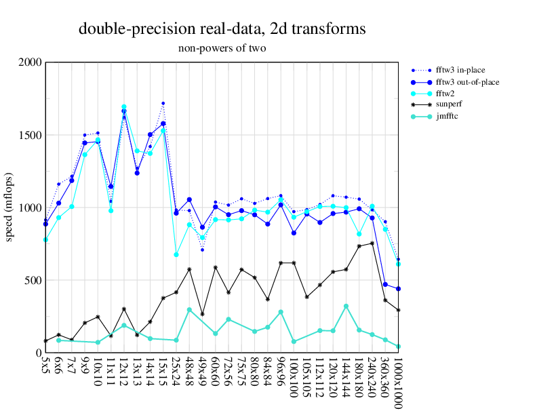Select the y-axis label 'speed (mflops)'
coord(9,207)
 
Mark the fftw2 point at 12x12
coord(123,107)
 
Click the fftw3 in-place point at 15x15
coord(163,103)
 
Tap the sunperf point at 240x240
coord(372,243)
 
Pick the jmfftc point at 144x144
coord(346,306)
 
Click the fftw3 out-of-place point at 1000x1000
coord(398,289)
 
